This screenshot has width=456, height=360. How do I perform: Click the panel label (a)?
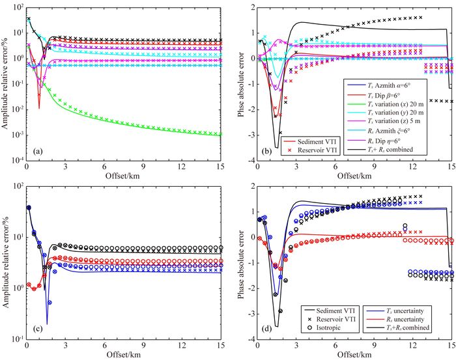(38, 151)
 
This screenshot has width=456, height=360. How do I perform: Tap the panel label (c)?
(38, 332)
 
